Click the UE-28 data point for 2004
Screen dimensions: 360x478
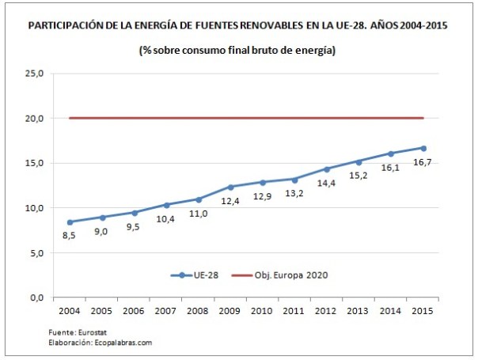pyautogui.click(x=70, y=222)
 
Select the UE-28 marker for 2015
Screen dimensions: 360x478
pyautogui.click(x=423, y=148)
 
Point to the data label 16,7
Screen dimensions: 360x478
pyautogui.click(x=424, y=164)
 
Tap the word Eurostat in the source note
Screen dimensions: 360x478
pyautogui.click(x=77, y=333)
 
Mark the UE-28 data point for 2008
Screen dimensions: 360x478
pyautogui.click(x=199, y=199)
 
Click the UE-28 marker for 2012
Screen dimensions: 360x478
pyautogui.click(x=328, y=169)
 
